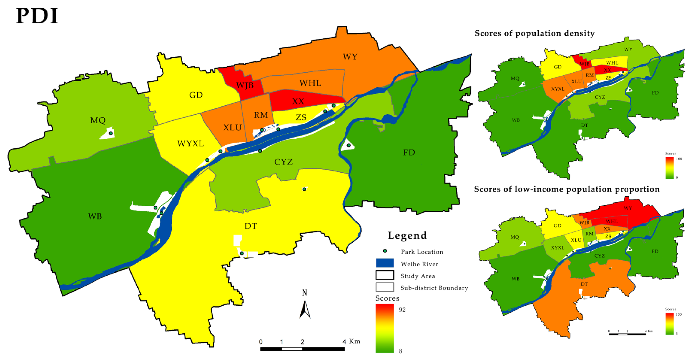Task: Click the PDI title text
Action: point(37,16)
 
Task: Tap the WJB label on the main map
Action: point(245,85)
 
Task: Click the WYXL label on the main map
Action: point(191,144)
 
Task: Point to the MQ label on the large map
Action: point(98,120)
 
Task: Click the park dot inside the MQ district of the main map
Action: point(111,133)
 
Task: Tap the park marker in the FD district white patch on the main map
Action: point(348,145)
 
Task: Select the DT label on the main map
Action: point(250,226)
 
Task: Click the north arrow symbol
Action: point(305,309)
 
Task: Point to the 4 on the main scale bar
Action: point(344,342)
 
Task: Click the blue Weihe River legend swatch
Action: point(385,263)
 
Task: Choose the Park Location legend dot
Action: point(385,251)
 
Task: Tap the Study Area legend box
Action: point(385,275)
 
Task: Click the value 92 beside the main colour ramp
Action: point(402,310)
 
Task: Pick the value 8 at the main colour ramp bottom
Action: point(400,351)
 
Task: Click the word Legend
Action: point(407,235)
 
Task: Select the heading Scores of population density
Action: point(534,33)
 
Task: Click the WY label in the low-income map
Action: point(628,208)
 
